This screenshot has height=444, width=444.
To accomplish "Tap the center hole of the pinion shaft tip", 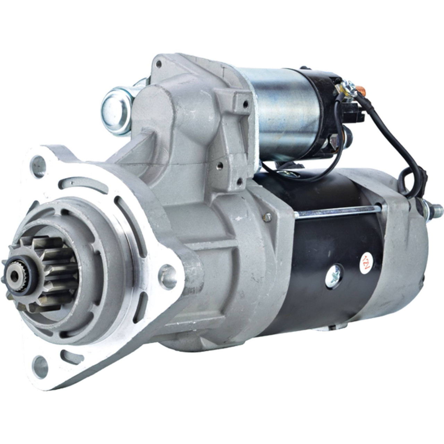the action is point(16,274).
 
